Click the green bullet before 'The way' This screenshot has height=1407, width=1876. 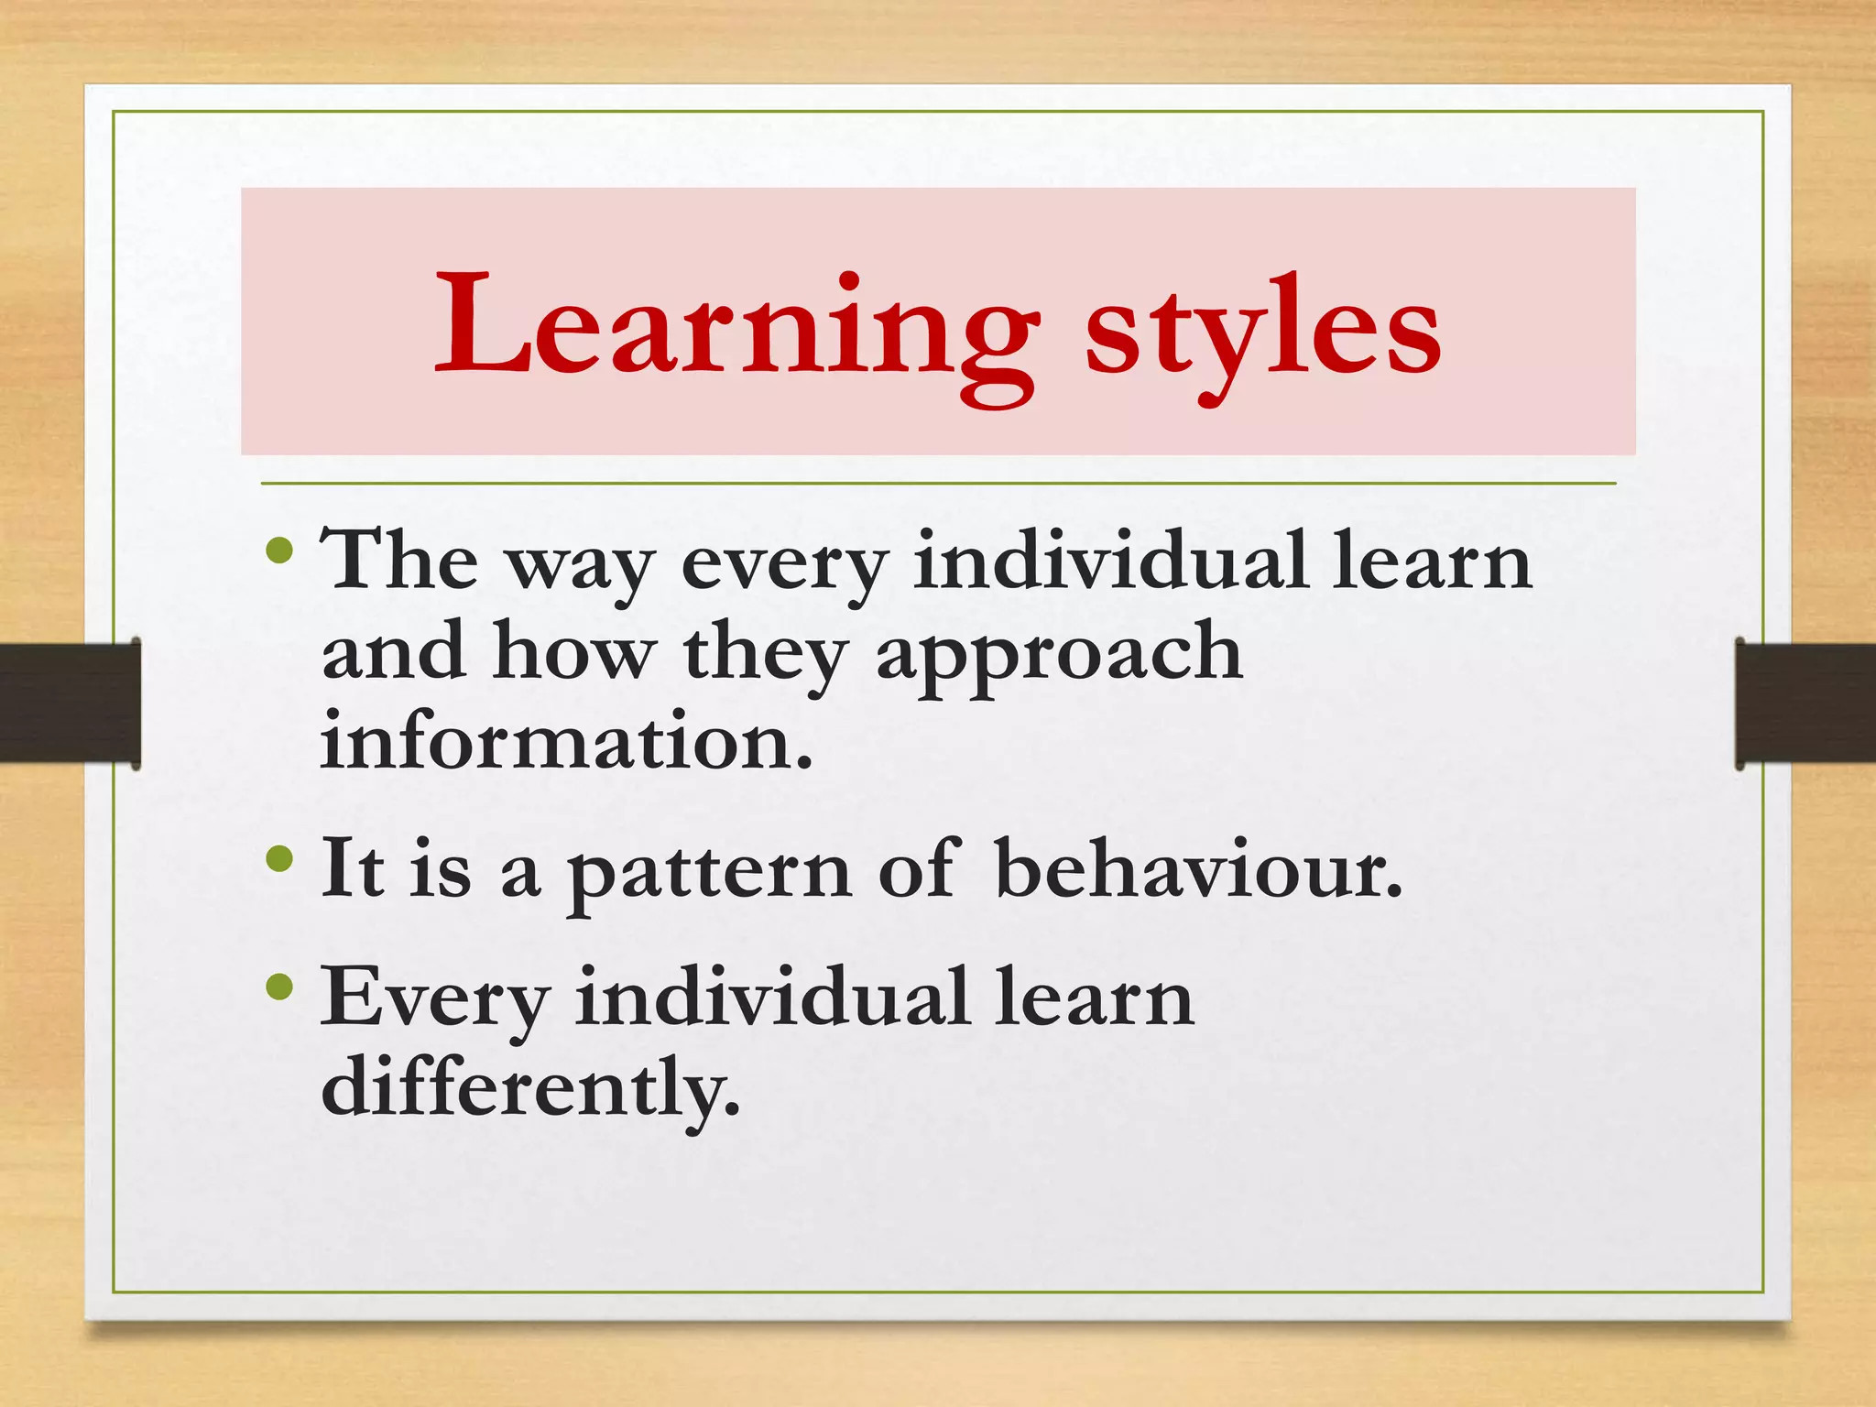pos(278,551)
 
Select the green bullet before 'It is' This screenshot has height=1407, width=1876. pos(278,859)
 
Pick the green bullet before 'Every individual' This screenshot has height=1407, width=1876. pos(278,987)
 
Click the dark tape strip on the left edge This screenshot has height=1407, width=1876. pos(70,703)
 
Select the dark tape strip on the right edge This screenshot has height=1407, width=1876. pos(1805,703)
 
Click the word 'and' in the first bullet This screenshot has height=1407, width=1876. pos(393,650)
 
